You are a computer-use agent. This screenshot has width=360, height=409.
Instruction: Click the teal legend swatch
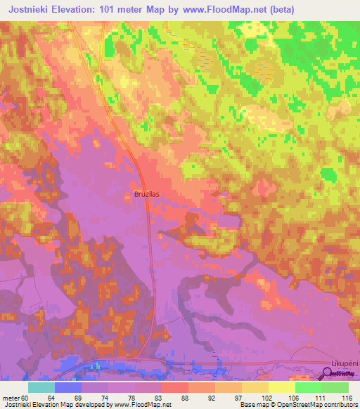click(41, 387)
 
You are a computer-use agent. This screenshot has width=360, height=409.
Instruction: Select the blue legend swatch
click(67, 387)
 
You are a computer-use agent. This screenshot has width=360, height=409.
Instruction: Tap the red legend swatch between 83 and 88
click(174, 387)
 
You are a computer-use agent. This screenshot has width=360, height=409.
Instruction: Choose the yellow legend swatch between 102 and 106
click(281, 387)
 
